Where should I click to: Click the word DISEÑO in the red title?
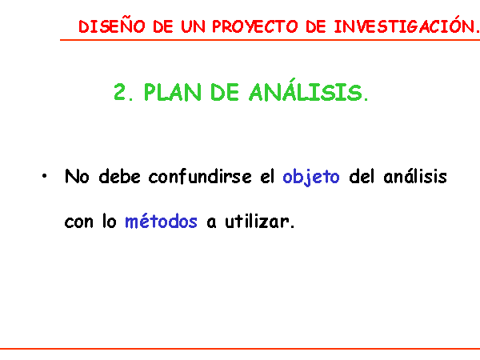112,26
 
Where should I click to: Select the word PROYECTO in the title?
254,26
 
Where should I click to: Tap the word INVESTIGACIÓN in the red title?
406,25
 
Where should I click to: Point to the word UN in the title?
193,26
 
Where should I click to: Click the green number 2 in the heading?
120,92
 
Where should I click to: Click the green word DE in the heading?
224,92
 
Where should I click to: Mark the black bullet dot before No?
45,176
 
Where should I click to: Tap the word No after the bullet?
77,176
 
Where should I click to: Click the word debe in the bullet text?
120,176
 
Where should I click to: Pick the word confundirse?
200,176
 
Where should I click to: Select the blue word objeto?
311,178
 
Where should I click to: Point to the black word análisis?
415,176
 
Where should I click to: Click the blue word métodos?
161,221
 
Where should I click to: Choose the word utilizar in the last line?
259,221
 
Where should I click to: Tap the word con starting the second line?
78,222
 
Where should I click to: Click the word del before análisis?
362,176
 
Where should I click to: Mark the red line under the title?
270,40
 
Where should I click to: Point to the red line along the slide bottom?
240,349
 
